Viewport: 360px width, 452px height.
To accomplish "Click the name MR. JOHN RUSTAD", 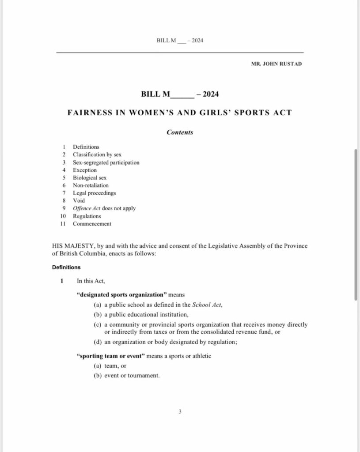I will tap(277, 64).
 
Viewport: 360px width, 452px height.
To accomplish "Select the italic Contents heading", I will tap(180, 132).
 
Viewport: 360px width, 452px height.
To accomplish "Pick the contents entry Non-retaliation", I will tap(91, 185).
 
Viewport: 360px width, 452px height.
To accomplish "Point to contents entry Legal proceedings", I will tap(95, 193).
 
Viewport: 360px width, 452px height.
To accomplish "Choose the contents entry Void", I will tap(79, 200).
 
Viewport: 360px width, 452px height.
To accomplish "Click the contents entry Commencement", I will tap(92, 224).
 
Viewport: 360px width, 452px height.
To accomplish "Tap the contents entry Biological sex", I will tap(90, 177).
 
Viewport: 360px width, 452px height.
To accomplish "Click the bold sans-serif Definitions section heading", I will tap(66, 267).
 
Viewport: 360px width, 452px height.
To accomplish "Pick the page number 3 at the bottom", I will tap(180, 412).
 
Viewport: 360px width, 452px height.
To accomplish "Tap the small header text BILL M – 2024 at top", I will tap(180, 41).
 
